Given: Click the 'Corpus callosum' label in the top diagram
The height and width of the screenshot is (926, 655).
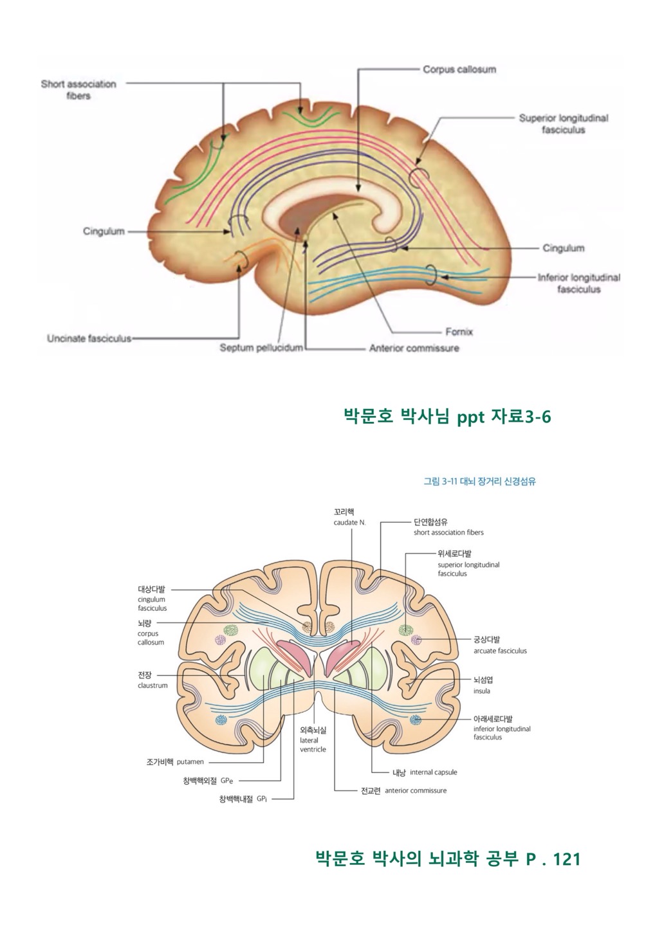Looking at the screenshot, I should (459, 69).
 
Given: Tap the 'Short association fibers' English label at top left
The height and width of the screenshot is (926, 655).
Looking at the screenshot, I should (78, 89).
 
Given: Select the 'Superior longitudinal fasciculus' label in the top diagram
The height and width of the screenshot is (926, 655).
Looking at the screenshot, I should (563, 123).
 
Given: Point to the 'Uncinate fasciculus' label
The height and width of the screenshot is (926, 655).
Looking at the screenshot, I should (89, 338).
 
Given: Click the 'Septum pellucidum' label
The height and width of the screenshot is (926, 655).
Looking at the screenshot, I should (261, 348).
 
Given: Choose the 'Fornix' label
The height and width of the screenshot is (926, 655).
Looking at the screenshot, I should (459, 332).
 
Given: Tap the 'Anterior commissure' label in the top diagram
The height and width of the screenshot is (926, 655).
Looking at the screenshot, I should (414, 348).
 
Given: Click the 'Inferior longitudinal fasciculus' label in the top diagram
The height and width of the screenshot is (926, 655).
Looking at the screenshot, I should (578, 283).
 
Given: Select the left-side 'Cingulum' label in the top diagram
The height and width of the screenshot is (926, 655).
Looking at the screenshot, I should (104, 232).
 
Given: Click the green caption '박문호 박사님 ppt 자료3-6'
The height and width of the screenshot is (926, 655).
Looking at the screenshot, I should (448, 417).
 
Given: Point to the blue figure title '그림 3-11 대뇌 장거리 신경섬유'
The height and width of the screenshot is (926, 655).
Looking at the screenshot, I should (479, 481).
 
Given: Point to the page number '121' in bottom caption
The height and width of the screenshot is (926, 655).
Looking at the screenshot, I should (566, 859).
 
